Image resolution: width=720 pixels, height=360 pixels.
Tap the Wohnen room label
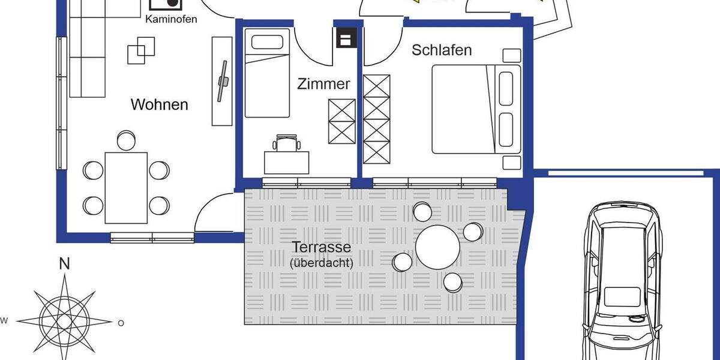coord(159,105)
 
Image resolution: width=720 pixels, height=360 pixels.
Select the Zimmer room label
coord(323,84)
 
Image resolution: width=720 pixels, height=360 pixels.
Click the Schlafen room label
coord(442,50)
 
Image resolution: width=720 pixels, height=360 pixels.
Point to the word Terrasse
coord(321,247)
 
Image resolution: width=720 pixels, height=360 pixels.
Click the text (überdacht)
coord(321,263)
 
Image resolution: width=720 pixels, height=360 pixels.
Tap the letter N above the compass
coord(64,263)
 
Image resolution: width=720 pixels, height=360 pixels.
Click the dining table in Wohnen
coord(126,187)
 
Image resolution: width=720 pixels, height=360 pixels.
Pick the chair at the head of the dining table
coord(126,140)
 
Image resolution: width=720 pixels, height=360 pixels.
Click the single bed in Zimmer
coord(268,75)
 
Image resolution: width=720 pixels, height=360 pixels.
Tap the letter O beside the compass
coord(121,323)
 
